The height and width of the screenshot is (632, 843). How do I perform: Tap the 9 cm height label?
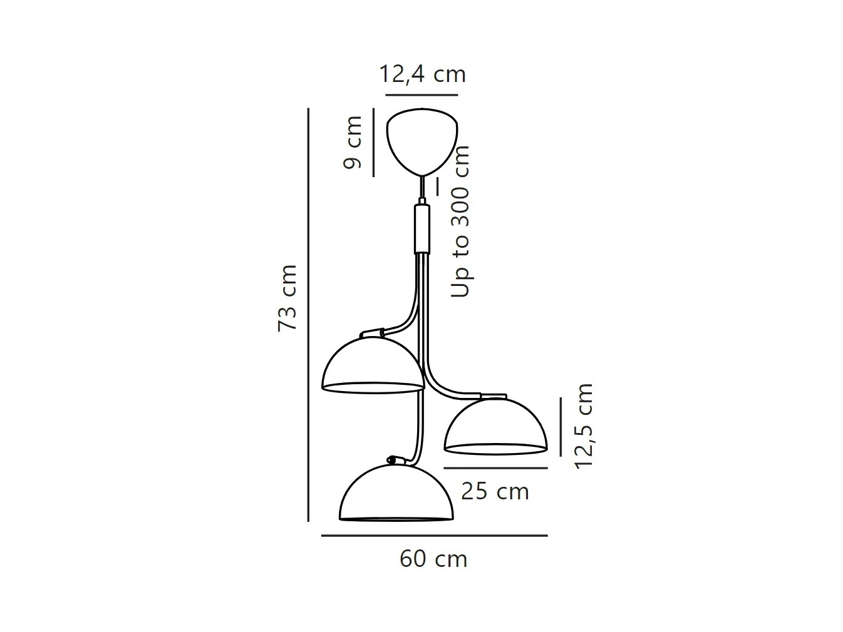pos(353,142)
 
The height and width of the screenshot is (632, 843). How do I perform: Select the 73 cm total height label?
pos(287,298)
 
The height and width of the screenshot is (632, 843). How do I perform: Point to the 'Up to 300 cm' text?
pos(460,222)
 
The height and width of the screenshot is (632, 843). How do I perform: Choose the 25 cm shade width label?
pos(495,491)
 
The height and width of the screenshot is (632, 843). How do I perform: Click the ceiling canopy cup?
pos(422,141)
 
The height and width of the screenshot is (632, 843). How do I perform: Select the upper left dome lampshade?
pos(373,365)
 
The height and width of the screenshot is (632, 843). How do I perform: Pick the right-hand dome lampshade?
pos(496,426)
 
